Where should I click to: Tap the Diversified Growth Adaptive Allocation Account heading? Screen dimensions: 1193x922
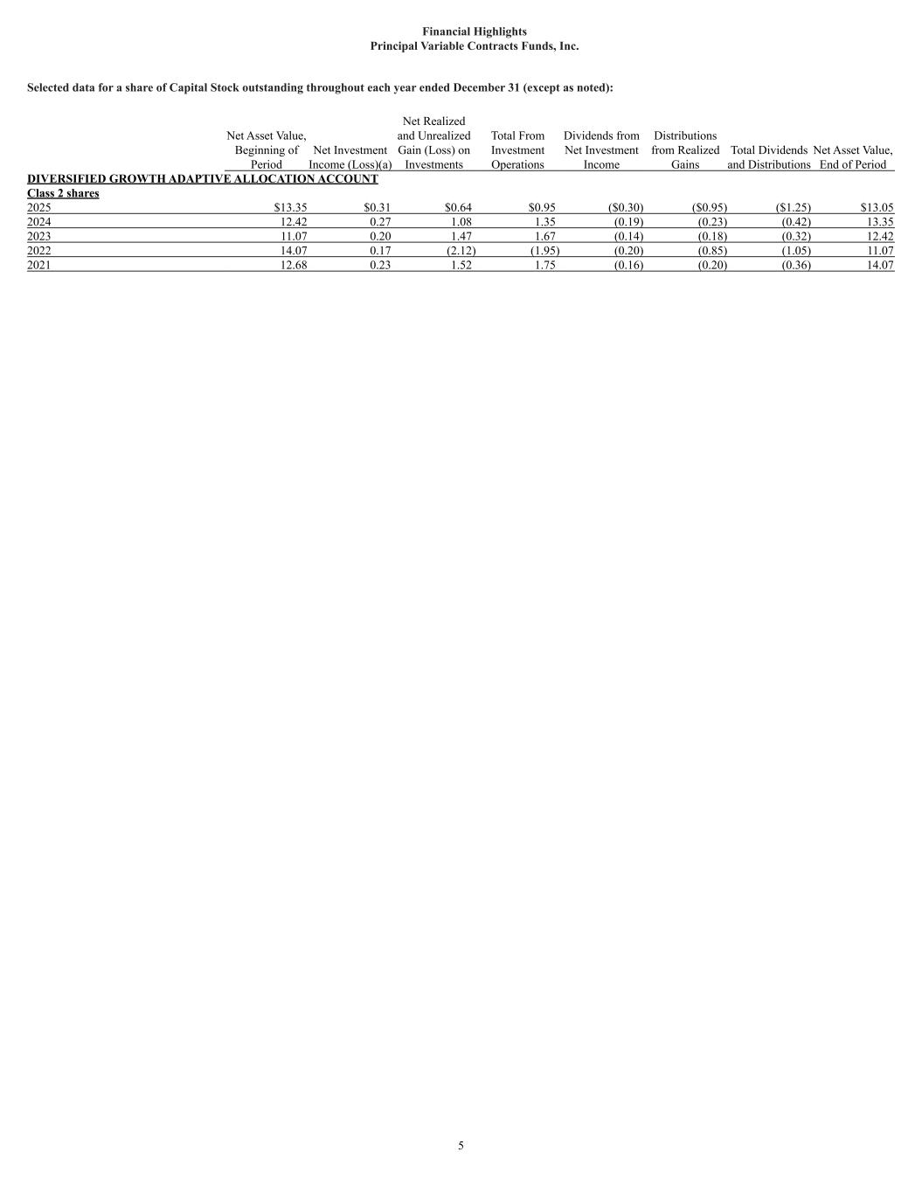tap(203, 179)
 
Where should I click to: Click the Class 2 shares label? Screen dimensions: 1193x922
tap(63, 193)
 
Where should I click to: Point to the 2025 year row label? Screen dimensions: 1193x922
tap(39, 208)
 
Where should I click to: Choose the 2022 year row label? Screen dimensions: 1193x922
tap(39, 251)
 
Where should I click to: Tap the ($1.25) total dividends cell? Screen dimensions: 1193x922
tap(794, 208)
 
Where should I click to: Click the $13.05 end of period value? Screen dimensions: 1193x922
tap(877, 208)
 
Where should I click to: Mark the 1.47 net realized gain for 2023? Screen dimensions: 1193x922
tap(459, 237)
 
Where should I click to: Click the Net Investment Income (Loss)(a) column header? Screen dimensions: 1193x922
tap(350, 157)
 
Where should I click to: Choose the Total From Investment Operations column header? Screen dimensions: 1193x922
tap(517, 149)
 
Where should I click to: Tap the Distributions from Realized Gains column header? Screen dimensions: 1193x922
tap(685, 149)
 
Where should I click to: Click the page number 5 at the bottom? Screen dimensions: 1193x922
tap(461, 1146)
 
